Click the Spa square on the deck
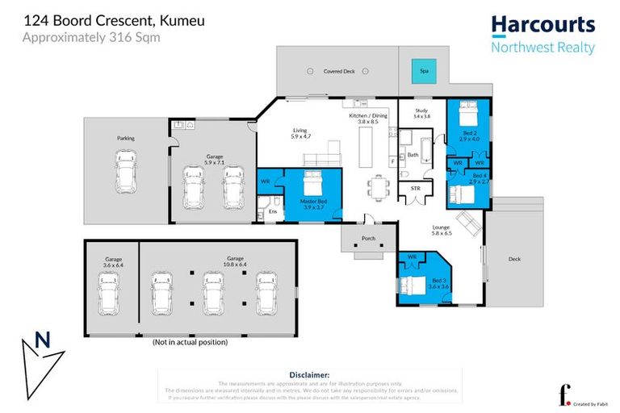(422, 71)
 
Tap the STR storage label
(416, 188)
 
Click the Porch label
(368, 237)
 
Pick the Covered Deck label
(339, 71)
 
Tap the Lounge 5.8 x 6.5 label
(440, 231)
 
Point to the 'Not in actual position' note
(190, 342)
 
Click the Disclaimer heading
(308, 375)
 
